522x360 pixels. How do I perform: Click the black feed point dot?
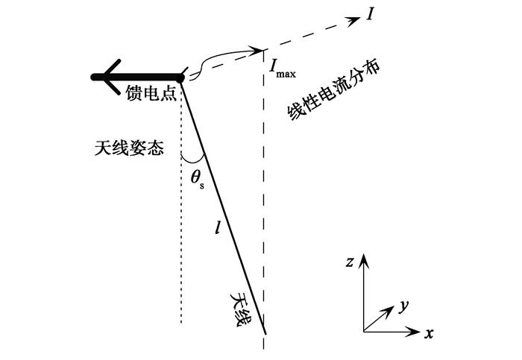click(180, 78)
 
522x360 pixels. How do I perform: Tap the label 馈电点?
click(151, 93)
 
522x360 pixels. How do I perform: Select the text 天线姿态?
click(129, 148)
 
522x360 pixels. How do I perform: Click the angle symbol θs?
click(197, 180)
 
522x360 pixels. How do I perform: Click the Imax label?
click(283, 69)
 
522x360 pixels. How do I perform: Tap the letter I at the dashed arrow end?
click(370, 14)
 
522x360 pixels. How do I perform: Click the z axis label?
click(349, 262)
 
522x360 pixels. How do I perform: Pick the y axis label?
click(403, 306)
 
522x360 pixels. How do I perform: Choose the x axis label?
click(429, 333)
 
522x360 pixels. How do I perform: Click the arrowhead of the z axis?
click(363, 259)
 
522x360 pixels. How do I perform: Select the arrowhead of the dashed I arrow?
click(353, 21)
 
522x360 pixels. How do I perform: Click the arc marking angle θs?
click(192, 162)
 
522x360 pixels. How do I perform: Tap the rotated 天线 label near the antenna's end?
click(241, 310)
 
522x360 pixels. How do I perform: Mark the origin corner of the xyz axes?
click(363, 332)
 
